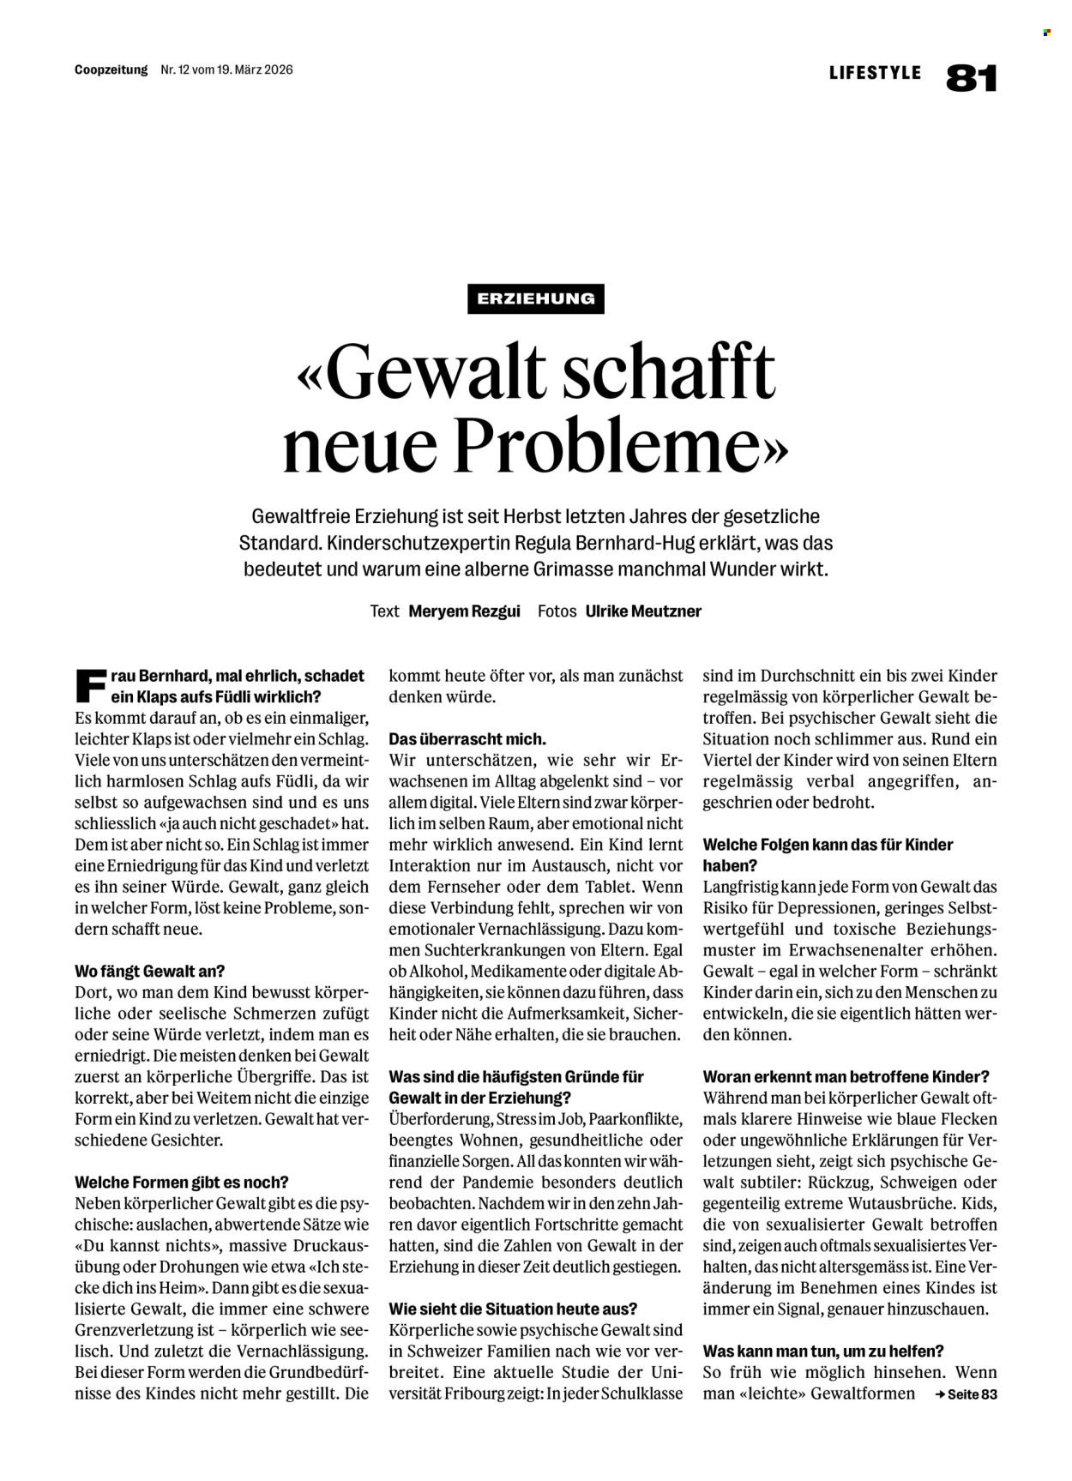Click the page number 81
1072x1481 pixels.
point(972,77)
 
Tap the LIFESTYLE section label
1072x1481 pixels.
point(875,73)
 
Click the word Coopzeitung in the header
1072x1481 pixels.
point(111,69)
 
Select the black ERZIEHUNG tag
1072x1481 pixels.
point(536,298)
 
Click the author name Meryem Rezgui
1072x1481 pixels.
point(464,611)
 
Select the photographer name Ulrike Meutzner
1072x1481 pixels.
point(643,611)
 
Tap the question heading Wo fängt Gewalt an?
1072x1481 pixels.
point(150,972)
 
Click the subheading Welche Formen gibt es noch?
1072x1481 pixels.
point(182,1182)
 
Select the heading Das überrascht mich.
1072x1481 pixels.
point(467,738)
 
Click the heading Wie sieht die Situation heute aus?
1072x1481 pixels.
point(513,1309)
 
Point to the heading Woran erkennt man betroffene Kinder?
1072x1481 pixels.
point(846,1076)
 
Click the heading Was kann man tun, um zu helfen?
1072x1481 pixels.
point(823,1351)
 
